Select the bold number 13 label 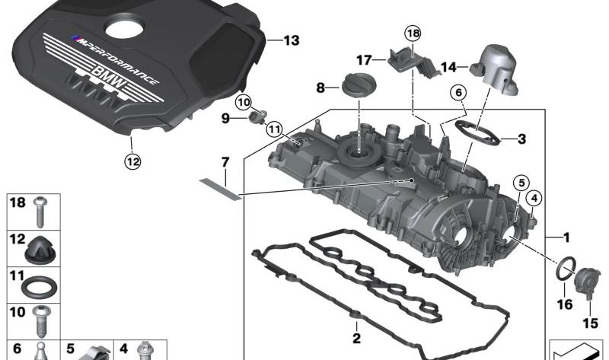[x=292, y=40]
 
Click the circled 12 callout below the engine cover [x=133, y=161]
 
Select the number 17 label [x=363, y=59]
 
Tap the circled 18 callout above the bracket [x=412, y=33]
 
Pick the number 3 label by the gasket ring [x=521, y=139]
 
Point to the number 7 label [x=225, y=162]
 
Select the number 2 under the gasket [x=356, y=338]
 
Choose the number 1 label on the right [x=566, y=237]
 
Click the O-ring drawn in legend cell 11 [x=38, y=288]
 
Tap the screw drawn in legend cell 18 [x=40, y=212]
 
